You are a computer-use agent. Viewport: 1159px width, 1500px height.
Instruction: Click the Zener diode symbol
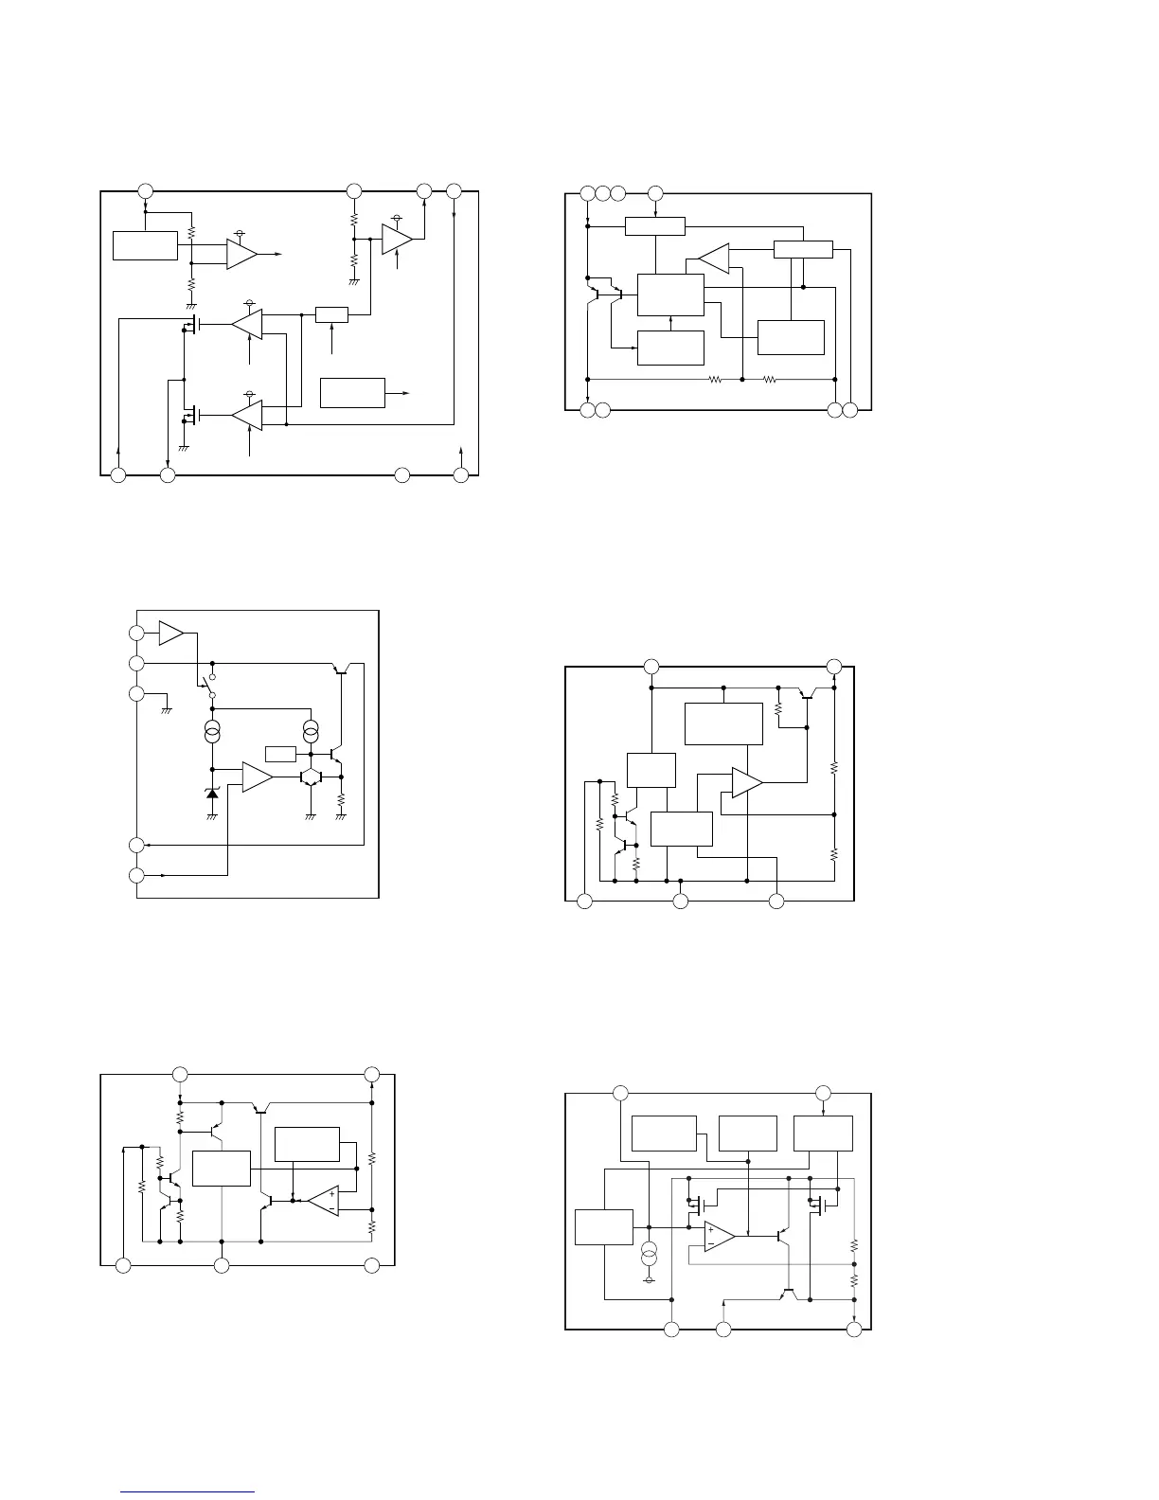(x=212, y=792)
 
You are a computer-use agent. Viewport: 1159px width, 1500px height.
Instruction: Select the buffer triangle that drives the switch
(x=171, y=634)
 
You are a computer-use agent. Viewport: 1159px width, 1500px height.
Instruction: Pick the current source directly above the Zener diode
(x=212, y=732)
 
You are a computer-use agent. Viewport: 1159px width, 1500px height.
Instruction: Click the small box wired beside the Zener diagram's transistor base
(x=281, y=754)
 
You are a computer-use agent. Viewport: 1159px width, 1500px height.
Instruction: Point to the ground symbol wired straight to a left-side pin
(x=167, y=706)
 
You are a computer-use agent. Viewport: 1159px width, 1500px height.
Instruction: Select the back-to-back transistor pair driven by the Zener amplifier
(x=311, y=777)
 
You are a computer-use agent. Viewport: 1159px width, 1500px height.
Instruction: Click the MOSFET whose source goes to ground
(x=188, y=415)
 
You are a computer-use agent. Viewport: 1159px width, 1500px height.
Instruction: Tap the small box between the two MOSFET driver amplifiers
(x=331, y=314)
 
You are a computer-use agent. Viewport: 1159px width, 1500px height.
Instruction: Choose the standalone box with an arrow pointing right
(x=352, y=392)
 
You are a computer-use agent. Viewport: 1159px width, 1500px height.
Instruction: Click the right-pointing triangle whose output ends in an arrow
(x=242, y=254)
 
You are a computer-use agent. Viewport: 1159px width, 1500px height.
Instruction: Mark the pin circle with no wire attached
(x=402, y=473)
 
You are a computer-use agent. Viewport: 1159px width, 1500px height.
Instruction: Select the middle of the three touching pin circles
(x=602, y=193)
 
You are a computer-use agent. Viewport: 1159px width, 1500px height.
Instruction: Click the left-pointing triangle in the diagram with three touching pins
(x=714, y=257)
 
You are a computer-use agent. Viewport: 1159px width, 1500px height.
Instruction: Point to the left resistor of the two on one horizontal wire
(x=715, y=380)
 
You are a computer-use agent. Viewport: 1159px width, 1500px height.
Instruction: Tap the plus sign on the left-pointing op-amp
(x=332, y=1194)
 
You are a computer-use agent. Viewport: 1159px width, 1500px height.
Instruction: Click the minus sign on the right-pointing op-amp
(x=711, y=1243)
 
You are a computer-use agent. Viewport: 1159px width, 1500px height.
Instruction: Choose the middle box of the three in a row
(x=747, y=1133)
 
